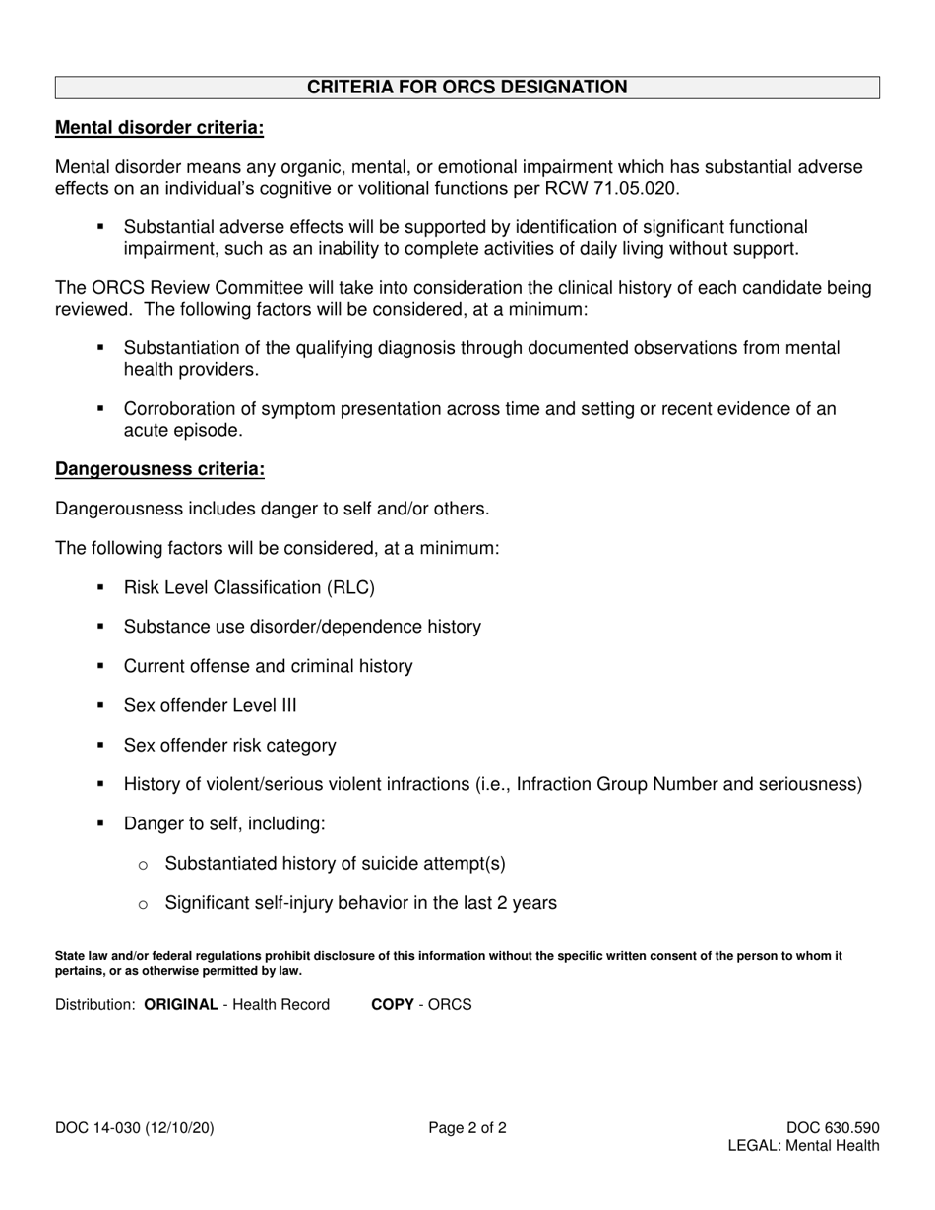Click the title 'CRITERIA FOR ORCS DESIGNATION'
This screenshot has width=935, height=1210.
pos(467,88)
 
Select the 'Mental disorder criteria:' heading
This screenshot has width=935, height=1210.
pos(159,128)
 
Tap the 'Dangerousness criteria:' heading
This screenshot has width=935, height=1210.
pos(159,469)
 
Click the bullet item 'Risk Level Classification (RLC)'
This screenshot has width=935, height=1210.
pos(249,588)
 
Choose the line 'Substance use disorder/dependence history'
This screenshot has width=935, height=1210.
pos(302,627)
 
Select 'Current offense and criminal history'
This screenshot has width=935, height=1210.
pos(268,667)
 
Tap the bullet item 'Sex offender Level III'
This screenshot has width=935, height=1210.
pos(210,706)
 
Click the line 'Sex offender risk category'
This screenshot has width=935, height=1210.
pos(229,746)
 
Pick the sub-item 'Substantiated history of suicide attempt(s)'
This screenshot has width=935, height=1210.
pos(335,864)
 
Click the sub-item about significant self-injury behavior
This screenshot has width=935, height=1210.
pos(360,903)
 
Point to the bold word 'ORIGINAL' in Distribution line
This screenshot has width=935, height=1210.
pos(181,1005)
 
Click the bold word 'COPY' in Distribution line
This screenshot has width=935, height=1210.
pos(392,1005)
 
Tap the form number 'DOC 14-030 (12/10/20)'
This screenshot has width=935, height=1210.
pos(134,1129)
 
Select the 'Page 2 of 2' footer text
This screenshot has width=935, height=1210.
pos(467,1129)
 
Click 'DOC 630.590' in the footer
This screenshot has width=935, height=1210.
pos(833,1129)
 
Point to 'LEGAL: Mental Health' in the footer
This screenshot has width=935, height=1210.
pos(803,1146)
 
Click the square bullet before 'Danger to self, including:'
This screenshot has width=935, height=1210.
pos(100,824)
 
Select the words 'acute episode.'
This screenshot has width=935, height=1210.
pos(182,431)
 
